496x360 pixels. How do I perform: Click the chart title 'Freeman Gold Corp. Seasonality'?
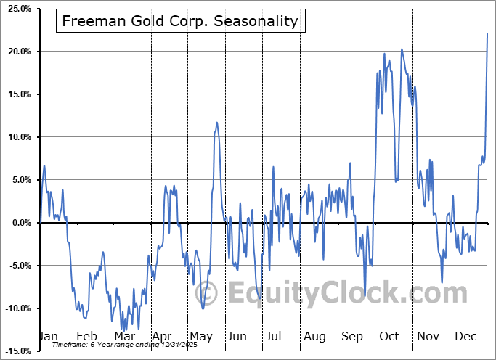tap(180, 21)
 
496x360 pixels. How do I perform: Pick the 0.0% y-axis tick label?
tap(19, 224)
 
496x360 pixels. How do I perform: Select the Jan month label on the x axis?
tap(47, 337)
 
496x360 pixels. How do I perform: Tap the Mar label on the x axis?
tap(124, 337)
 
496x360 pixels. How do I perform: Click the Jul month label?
tap(274, 337)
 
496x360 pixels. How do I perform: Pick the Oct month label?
tap(389, 337)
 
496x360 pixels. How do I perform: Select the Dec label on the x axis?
tap(465, 337)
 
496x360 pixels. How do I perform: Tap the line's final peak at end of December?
tap(487, 33)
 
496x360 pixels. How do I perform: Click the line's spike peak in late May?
tap(216, 123)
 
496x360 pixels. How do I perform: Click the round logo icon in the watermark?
tap(207, 293)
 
